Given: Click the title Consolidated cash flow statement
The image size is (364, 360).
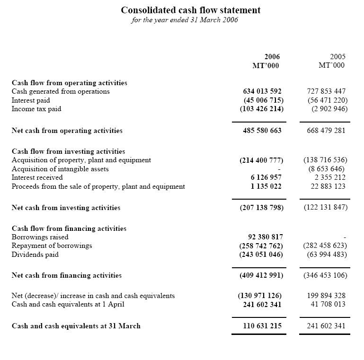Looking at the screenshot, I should [191, 10].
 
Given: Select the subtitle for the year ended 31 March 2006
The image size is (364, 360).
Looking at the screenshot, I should [185, 20].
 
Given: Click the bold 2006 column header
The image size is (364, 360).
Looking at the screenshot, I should [272, 57].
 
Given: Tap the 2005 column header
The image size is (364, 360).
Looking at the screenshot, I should [337, 57].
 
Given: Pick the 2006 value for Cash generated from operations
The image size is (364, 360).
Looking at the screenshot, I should [262, 91].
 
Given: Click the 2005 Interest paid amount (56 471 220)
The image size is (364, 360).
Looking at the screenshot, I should [328, 100].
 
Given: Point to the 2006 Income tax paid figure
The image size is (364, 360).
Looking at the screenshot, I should [262, 109].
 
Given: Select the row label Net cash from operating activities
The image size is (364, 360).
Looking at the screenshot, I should [67, 131].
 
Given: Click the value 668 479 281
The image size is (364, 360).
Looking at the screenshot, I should [326, 131].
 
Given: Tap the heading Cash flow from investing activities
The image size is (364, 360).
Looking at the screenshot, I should [68, 151].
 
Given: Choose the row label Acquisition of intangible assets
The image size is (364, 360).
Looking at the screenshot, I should [60, 169].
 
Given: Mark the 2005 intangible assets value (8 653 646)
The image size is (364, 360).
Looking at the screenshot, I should [330, 169].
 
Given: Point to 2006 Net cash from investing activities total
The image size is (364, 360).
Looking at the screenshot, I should [261, 208].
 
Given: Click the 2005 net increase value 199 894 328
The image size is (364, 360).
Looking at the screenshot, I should [326, 296].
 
